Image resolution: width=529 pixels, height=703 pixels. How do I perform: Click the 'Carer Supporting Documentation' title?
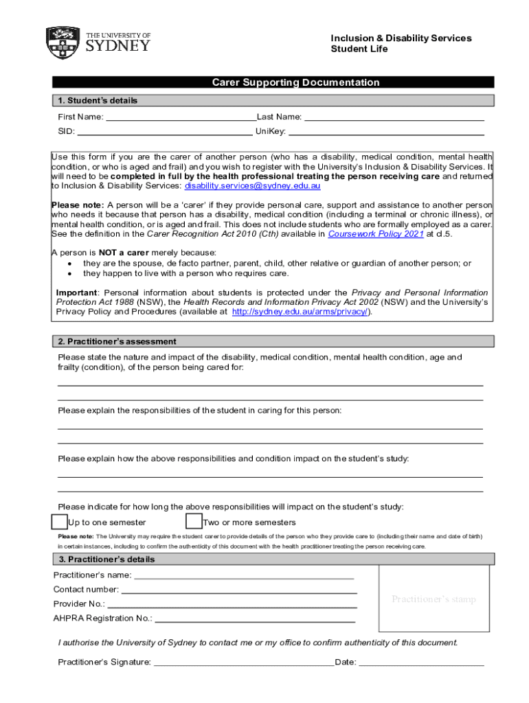[x=295, y=82]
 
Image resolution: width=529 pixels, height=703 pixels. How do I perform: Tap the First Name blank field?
[x=181, y=117]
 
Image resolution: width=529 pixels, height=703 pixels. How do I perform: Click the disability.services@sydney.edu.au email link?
[x=252, y=186]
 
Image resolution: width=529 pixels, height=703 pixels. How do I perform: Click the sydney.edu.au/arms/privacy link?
[x=301, y=311]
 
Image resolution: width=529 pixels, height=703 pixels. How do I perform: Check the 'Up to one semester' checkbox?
[x=60, y=522]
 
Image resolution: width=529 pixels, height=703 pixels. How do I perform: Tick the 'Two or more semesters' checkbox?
[x=194, y=522]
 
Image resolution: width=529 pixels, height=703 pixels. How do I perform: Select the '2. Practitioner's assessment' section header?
[x=117, y=341]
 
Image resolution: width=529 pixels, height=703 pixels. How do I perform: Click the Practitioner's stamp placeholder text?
[x=434, y=599]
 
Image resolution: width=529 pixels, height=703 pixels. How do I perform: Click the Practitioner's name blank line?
[x=244, y=575]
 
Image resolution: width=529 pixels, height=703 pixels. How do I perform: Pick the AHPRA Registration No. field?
[x=256, y=619]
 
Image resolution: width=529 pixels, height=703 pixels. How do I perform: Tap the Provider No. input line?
[x=232, y=604]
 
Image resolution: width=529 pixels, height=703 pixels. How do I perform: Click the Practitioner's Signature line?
[x=244, y=662]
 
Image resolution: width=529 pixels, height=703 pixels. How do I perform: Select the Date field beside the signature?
[x=421, y=662]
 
